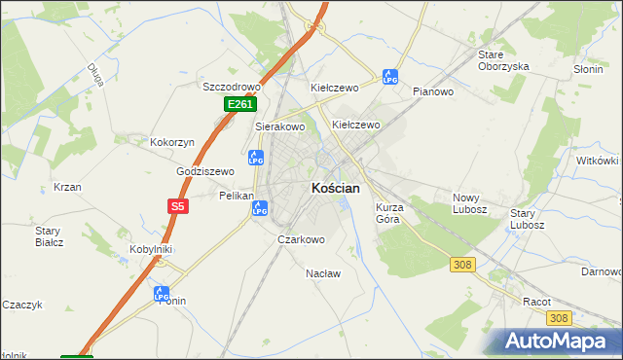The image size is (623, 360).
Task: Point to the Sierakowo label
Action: pyautogui.click(x=280, y=126)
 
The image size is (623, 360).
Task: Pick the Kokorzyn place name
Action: pyautogui.click(x=172, y=142)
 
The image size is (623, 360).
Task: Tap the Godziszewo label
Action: pyautogui.click(x=205, y=171)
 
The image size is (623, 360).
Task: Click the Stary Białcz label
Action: pyautogui.click(x=49, y=236)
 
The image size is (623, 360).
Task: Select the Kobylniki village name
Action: pyautogui.click(x=151, y=249)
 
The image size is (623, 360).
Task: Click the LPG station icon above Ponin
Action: pyautogui.click(x=162, y=292)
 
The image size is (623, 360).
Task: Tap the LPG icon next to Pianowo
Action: pyautogui.click(x=390, y=76)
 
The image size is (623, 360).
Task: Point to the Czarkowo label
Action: pyautogui.click(x=301, y=239)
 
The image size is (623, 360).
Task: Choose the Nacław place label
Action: pyautogui.click(x=323, y=273)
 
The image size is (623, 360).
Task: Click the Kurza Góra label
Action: pyautogui.click(x=395, y=213)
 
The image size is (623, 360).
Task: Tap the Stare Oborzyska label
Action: pyautogui.click(x=503, y=60)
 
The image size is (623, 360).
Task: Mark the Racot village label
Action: pyautogui.click(x=537, y=302)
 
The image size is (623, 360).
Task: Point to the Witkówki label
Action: pyautogui.click(x=598, y=161)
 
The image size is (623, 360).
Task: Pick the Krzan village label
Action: pyautogui.click(x=67, y=187)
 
